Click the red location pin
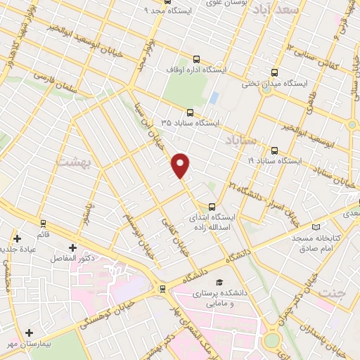tap(181, 165)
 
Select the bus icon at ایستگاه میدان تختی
tap(274, 72)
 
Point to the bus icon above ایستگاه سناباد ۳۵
tap(189, 112)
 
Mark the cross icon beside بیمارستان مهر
tap(29, 333)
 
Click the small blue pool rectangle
tap(214, 98)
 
